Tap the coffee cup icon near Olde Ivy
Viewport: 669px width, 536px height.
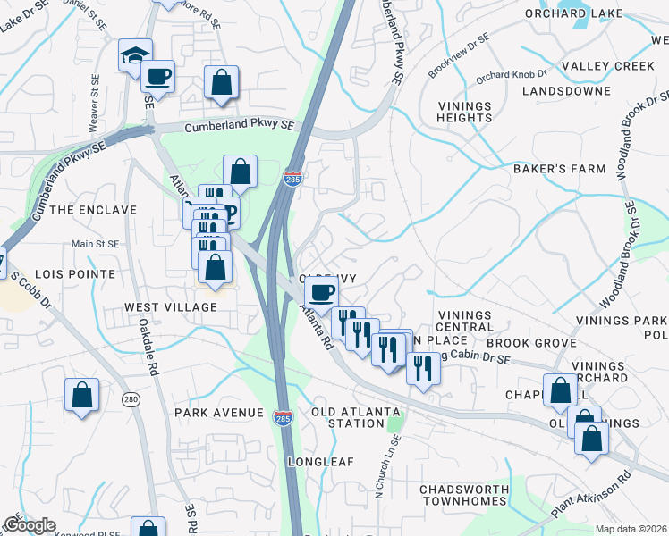click(x=322, y=291)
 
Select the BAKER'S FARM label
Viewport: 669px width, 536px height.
click(x=559, y=168)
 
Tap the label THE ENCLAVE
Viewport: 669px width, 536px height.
click(x=93, y=210)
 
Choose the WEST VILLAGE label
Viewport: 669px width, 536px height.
click(x=171, y=307)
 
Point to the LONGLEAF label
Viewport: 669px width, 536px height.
click(x=321, y=462)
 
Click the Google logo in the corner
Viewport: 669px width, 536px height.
click(x=29, y=525)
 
